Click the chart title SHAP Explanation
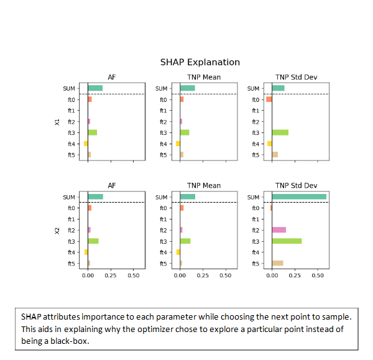200,62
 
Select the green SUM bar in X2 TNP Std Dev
299,197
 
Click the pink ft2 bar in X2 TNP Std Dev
279,230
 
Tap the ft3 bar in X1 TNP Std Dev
280,132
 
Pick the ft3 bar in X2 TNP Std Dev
287,241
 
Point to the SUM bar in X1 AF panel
95,88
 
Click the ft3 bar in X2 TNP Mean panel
185,241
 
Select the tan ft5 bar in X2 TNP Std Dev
277,263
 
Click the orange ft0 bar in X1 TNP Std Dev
269,99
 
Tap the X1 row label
57,122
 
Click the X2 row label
57,231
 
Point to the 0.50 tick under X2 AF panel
132,274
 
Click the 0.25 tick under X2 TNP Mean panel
202,274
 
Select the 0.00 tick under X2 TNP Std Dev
272,274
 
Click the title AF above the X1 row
112,77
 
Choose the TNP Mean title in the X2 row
204,186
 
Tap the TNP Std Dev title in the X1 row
296,77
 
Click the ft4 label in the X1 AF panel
72,144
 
